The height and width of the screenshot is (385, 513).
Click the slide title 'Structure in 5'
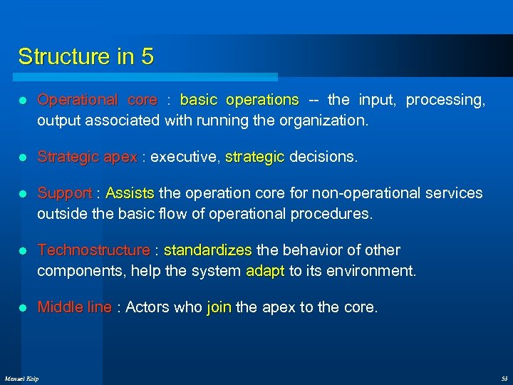tap(85, 56)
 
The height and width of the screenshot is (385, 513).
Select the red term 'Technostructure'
tap(93, 250)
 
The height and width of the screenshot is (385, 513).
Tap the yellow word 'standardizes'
tap(207, 250)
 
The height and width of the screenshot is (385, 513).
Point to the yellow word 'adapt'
tap(265, 271)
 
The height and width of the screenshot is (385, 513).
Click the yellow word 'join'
tap(219, 307)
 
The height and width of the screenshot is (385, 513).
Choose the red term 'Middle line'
tap(74, 307)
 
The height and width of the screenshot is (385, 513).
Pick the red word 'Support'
tap(64, 193)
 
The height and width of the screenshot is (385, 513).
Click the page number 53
tap(503, 378)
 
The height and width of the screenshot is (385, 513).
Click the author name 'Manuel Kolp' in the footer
tap(22, 378)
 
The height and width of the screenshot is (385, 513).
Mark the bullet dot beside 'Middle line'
tap(24, 308)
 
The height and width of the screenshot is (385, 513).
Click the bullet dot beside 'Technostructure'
tap(24, 251)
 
